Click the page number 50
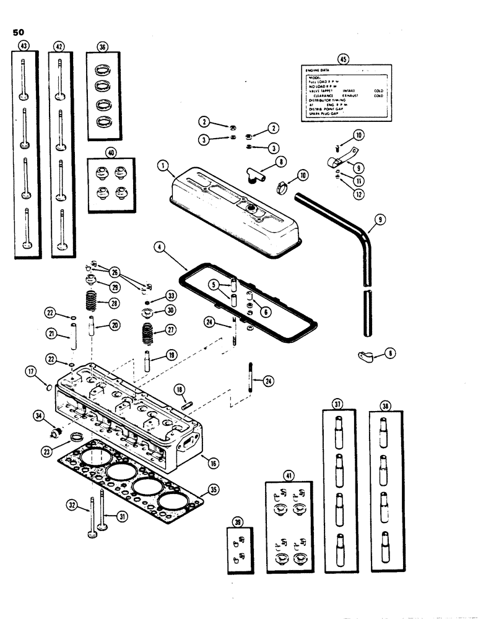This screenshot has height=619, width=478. [x=17, y=32]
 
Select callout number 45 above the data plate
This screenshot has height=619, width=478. [x=342, y=59]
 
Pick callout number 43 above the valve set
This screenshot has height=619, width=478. [x=24, y=46]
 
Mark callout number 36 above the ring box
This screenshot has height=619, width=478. [x=102, y=46]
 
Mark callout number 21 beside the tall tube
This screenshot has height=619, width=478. [x=51, y=334]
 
